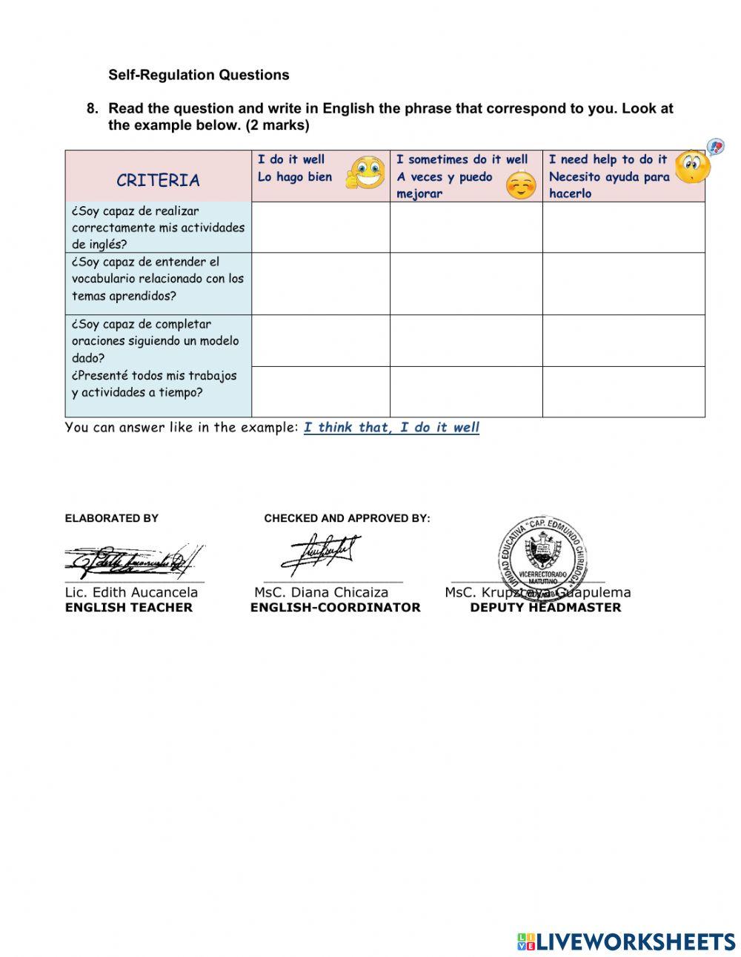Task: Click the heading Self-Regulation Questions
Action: tap(199, 75)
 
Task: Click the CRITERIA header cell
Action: tap(158, 180)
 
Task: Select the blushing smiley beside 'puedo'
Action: tap(521, 185)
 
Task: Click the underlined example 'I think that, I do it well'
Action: tap(391, 428)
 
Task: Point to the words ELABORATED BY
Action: tap(111, 518)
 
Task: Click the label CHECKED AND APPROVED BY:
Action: tap(347, 518)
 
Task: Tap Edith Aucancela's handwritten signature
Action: tap(133, 561)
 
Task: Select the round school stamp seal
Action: tap(542, 555)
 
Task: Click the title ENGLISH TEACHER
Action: tap(128, 608)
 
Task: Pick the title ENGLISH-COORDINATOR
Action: tap(335, 608)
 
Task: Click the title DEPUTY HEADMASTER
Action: tap(545, 608)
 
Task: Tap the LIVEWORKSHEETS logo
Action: tap(626, 941)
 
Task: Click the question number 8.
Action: tap(92, 108)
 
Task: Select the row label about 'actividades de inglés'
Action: tap(158, 228)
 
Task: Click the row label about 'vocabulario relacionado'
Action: tap(158, 279)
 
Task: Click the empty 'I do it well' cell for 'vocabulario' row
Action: tap(320, 284)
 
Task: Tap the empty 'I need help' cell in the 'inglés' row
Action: tap(623, 228)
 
